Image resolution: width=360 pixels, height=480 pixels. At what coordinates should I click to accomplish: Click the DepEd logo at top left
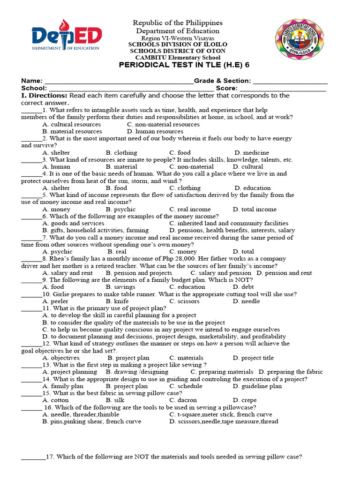[66, 39]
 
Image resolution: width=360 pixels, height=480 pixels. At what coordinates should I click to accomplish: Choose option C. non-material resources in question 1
[163, 124]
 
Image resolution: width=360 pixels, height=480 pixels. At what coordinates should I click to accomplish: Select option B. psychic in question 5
[120, 209]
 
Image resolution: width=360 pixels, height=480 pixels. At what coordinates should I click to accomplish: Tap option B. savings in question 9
[120, 287]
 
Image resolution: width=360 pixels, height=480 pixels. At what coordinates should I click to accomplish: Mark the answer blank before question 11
[31, 309]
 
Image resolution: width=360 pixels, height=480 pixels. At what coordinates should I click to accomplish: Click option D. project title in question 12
[253, 358]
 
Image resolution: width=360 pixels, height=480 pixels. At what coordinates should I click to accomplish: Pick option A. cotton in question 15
[55, 400]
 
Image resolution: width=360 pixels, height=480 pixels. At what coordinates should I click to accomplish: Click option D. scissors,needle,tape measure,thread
[224, 421]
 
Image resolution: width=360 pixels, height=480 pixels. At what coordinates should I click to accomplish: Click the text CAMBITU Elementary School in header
[177, 57]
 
